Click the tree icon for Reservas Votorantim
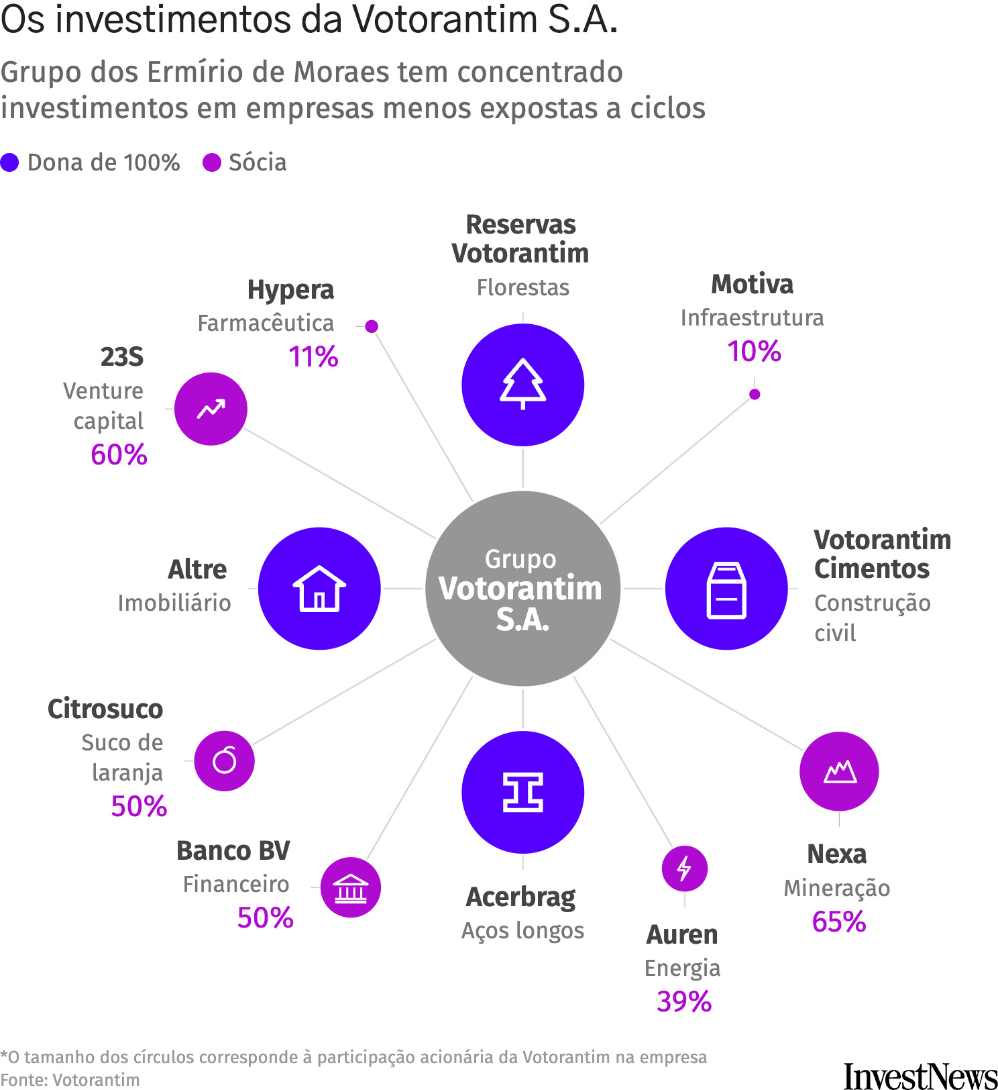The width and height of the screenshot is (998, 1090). click(522, 385)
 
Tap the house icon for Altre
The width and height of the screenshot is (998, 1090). click(319, 589)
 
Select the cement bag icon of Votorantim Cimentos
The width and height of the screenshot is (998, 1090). click(726, 589)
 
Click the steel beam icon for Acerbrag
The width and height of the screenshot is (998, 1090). click(522, 792)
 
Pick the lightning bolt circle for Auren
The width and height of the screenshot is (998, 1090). click(684, 869)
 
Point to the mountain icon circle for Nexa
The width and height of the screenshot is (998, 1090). click(839, 771)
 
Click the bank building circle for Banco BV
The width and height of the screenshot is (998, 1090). click(350, 887)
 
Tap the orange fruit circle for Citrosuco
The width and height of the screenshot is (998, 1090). click(224, 760)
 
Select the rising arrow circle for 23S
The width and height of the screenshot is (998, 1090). click(211, 409)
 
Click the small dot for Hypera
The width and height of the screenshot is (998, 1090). click(372, 326)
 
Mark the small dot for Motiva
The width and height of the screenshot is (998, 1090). click(755, 394)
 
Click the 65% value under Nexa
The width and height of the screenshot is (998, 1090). click(838, 922)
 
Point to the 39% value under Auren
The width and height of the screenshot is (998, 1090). click(683, 1001)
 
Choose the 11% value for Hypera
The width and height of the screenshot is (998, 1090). click(313, 356)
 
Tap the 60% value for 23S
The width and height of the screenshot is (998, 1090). click(119, 454)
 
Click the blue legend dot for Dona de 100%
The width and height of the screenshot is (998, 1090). click(9, 162)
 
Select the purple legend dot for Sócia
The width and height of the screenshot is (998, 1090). click(212, 162)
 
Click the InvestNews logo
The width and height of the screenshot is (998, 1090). click(920, 1075)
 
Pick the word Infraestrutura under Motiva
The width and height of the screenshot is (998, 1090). click(752, 317)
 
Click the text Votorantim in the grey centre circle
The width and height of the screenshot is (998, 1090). click(520, 589)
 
